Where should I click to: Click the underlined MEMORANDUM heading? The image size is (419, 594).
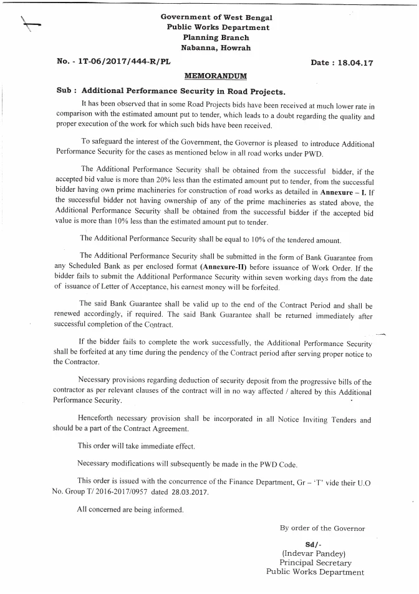(216, 76)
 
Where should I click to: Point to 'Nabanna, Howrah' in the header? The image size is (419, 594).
(216, 47)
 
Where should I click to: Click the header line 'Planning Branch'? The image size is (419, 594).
(216, 37)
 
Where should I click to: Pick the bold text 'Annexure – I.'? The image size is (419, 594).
(352, 194)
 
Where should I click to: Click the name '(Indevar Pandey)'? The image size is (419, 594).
(313, 553)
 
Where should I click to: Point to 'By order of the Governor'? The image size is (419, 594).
(322, 528)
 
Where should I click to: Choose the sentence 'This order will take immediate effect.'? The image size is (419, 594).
(136, 446)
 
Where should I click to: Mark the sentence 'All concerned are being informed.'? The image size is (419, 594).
(130, 510)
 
